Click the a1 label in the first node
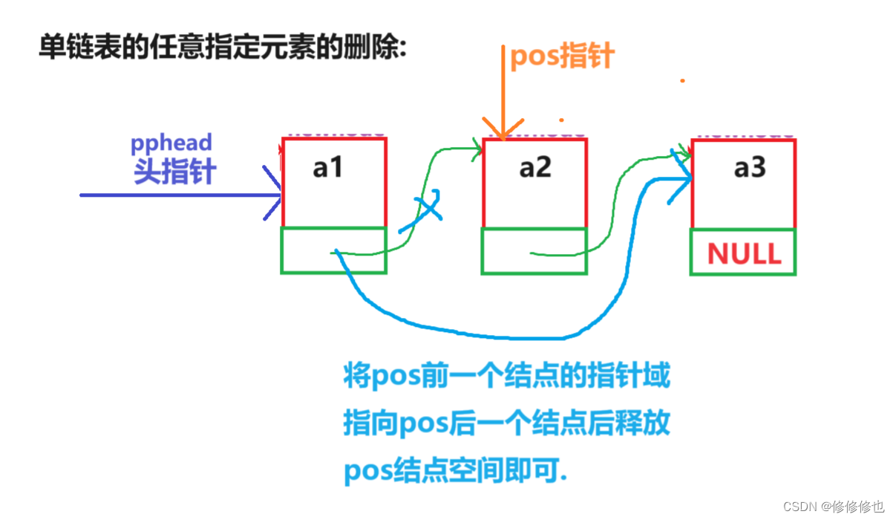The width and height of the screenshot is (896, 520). tap(328, 169)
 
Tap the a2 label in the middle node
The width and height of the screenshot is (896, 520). tap(535, 169)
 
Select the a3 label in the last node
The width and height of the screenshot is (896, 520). tap(749, 169)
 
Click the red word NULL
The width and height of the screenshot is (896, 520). tap(744, 254)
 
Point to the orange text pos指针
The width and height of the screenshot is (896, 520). tap(562, 56)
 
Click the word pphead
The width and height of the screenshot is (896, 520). tap(171, 143)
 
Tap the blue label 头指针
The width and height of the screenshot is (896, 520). tap(175, 172)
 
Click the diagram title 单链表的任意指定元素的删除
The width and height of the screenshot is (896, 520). tap(222, 49)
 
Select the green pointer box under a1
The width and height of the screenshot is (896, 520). tap(334, 250)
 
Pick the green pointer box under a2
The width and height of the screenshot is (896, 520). tap(534, 251)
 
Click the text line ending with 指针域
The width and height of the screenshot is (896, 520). tap(507, 376)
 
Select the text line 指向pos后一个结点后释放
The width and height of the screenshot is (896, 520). tap(507, 423)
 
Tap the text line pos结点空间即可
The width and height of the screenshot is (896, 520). tap(455, 470)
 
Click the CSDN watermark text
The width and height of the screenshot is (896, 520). tap(834, 506)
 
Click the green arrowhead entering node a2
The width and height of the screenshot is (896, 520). tap(476, 149)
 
